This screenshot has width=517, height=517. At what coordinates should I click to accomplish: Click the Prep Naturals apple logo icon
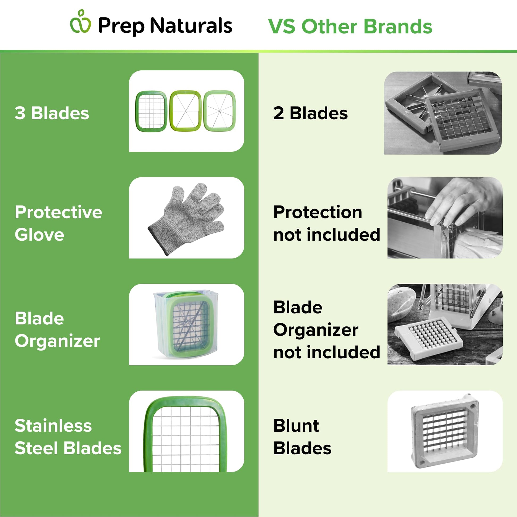pyautogui.click(x=80, y=22)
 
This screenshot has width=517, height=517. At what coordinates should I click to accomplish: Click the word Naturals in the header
pyautogui.click(x=191, y=26)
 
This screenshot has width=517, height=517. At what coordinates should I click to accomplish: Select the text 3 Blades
pyautogui.click(x=52, y=113)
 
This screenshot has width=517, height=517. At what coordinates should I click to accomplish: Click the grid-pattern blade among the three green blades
pyautogui.click(x=151, y=111)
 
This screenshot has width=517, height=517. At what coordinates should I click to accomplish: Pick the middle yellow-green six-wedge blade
pyautogui.click(x=185, y=111)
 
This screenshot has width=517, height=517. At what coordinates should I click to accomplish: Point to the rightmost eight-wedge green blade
pyautogui.click(x=220, y=111)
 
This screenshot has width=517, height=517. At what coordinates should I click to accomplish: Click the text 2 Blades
pyautogui.click(x=310, y=113)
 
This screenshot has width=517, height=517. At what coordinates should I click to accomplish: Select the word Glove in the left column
pyautogui.click(x=39, y=235)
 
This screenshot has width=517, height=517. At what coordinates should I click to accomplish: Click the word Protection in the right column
pyautogui.click(x=318, y=212)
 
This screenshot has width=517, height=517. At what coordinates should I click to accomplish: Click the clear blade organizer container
pyautogui.click(x=186, y=324)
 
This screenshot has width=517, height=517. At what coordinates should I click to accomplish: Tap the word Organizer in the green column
pyautogui.click(x=57, y=341)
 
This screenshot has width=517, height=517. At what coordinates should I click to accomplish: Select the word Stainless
pyautogui.click(x=53, y=426)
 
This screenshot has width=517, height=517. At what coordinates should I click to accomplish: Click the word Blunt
pyautogui.click(x=296, y=426)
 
